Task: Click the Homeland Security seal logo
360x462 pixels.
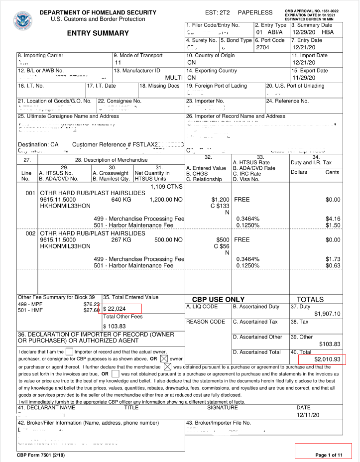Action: pos(22,19)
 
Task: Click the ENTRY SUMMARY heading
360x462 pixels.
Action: pos(98,33)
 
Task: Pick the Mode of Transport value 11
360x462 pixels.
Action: pos(118,63)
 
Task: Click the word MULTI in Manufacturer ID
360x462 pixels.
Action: pos(174,78)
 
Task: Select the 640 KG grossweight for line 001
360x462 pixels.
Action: pos(121,200)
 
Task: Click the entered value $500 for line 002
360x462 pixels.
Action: pos(222,239)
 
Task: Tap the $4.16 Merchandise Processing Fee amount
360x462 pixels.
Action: pos(333,218)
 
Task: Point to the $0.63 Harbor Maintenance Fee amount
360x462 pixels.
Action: pos(333,265)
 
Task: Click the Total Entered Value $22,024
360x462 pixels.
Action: pos(115,309)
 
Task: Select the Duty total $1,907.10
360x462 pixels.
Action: pos(327,314)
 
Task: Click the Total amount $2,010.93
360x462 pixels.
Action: pos(327,359)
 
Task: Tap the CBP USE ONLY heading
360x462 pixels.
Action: pos(218,299)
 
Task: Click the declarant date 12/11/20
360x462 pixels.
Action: pos(307,414)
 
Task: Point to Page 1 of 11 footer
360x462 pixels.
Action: pos(329,455)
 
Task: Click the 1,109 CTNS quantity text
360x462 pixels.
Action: pos(167,187)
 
